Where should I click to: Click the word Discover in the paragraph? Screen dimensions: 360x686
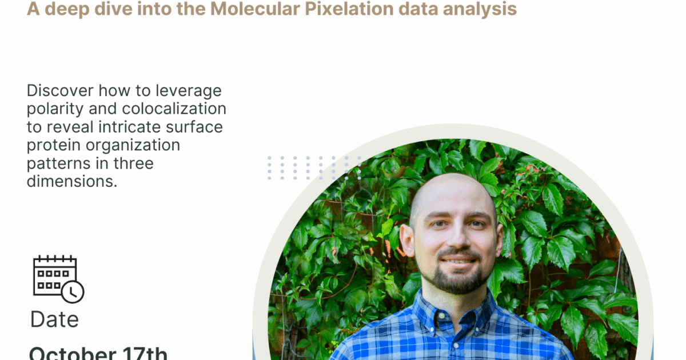click(x=59, y=91)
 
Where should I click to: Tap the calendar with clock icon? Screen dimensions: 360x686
click(x=58, y=278)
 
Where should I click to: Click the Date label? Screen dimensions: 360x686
click(x=54, y=319)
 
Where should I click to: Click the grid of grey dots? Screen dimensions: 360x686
click(x=314, y=169)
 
